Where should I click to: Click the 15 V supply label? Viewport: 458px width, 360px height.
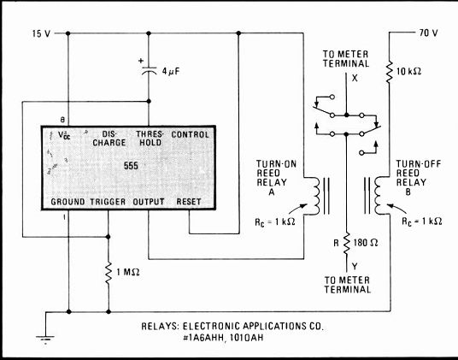click(41, 33)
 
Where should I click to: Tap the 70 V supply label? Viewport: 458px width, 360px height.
click(428, 32)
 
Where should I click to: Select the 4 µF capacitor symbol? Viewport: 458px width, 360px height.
click(149, 70)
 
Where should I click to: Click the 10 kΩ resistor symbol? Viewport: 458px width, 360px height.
click(389, 71)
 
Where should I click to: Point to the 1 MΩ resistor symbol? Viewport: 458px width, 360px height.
click(109, 274)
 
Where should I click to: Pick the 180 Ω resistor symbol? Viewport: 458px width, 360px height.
click(347, 244)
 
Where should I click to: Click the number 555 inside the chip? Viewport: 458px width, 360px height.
click(131, 166)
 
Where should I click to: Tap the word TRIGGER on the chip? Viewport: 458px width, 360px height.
click(108, 202)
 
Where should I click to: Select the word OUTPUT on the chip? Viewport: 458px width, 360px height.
click(149, 202)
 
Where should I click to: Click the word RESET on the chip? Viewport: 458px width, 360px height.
click(189, 202)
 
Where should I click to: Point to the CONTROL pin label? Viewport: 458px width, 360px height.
click(191, 135)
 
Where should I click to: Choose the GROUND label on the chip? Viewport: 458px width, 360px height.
click(68, 202)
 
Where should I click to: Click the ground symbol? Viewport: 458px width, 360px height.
click(45, 339)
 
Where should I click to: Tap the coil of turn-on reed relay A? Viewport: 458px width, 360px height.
click(315, 196)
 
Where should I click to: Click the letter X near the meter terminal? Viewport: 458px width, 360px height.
click(355, 78)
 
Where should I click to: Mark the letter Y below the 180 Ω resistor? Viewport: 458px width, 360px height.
click(355, 266)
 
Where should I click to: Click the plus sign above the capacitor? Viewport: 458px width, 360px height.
click(141, 61)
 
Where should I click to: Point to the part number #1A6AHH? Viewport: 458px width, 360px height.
click(204, 338)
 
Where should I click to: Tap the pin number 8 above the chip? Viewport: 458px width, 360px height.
click(62, 120)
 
